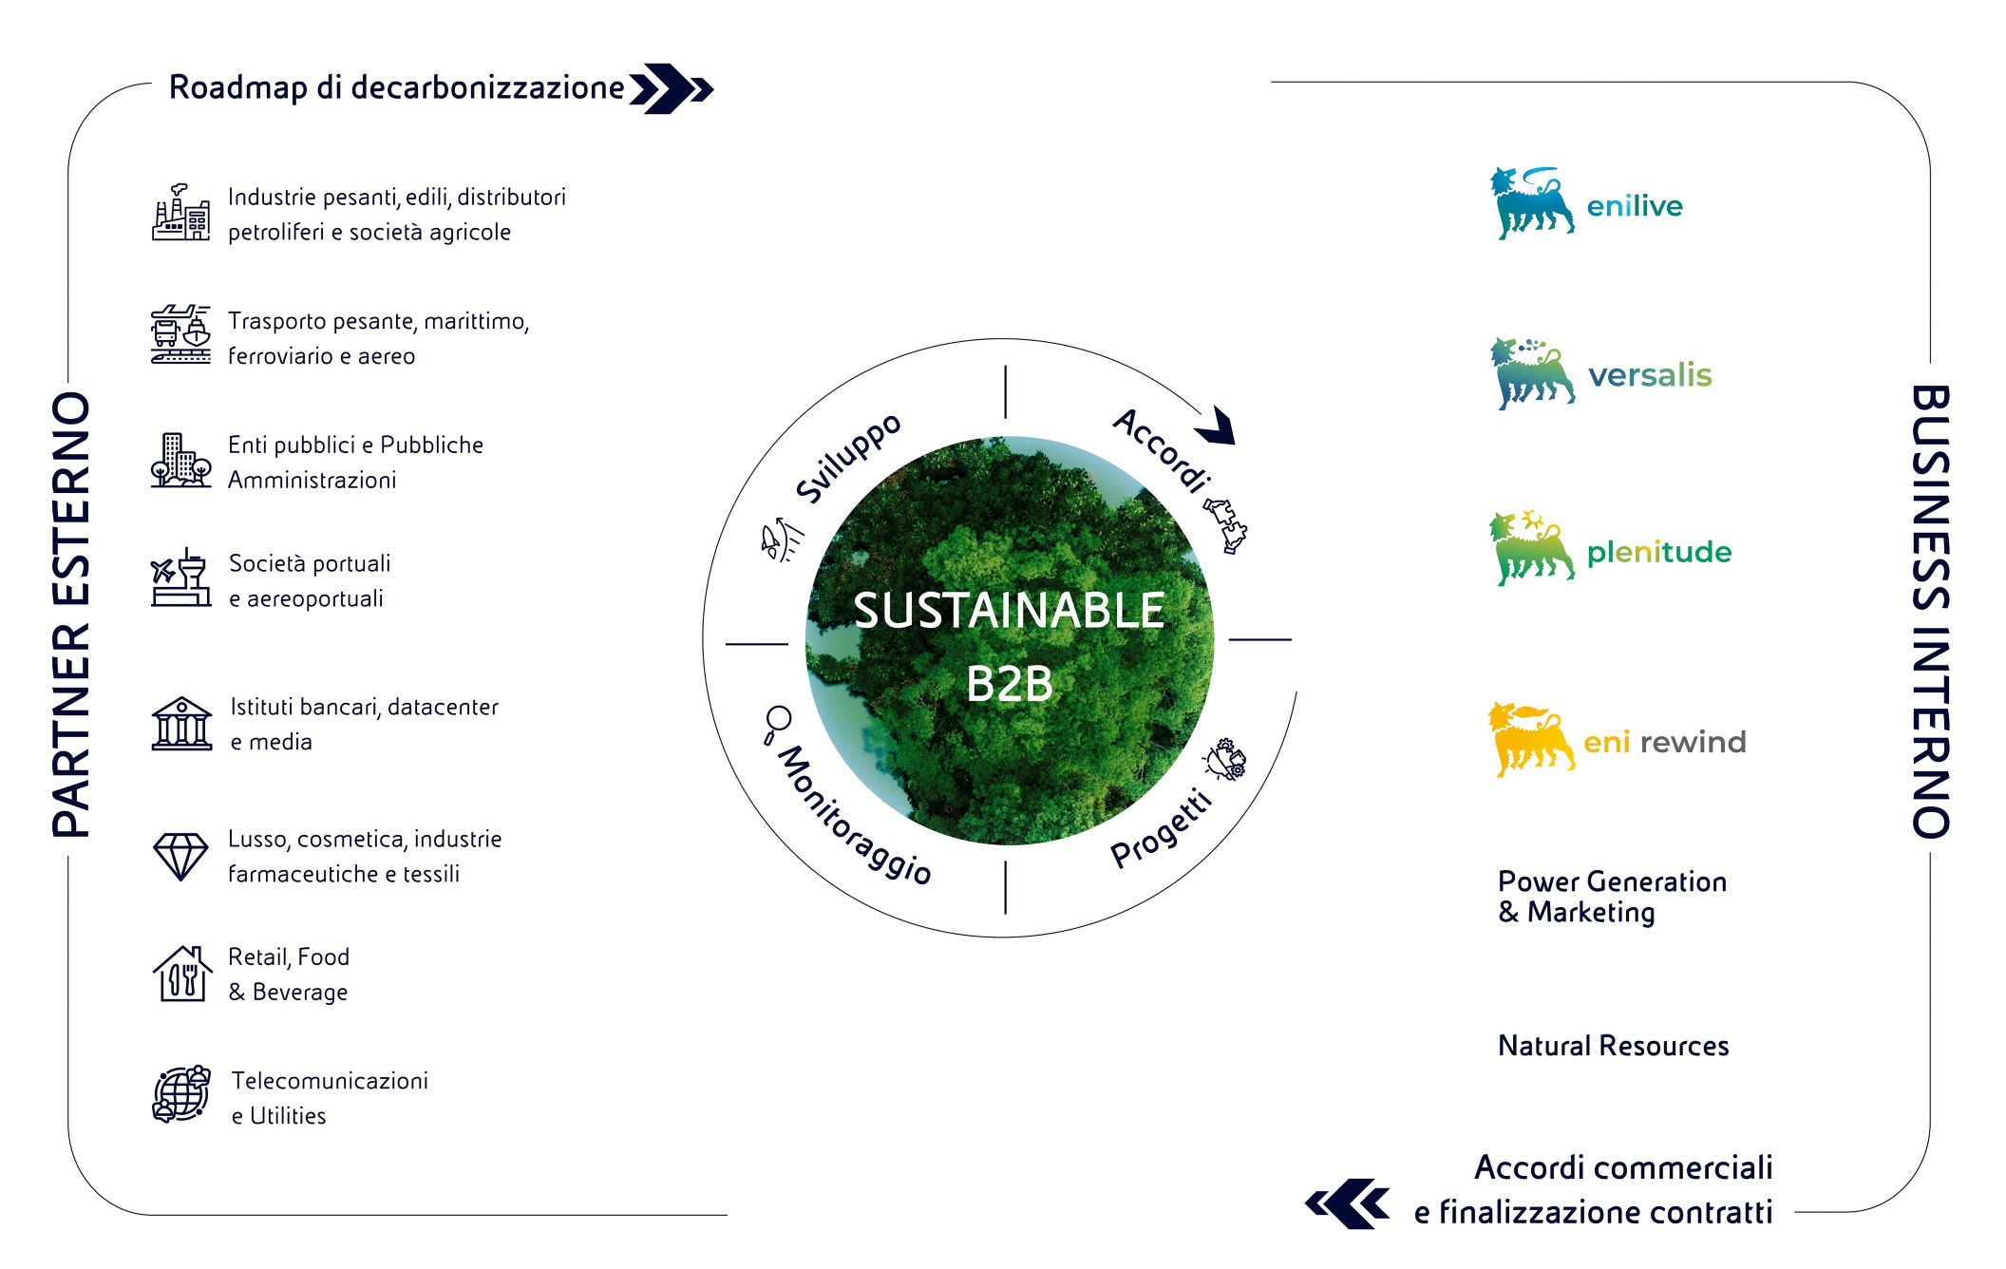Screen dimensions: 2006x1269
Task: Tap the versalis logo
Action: tap(1600, 373)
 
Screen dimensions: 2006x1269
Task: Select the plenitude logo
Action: tap(1610, 549)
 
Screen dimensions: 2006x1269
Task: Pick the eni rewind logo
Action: tap(1617, 740)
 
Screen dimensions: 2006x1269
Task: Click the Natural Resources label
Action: tap(1613, 1046)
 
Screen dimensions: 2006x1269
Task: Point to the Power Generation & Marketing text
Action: tap(1612, 897)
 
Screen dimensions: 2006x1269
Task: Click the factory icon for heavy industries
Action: tap(180, 213)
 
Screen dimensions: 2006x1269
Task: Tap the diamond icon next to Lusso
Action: tap(180, 857)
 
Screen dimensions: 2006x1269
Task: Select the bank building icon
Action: tap(181, 724)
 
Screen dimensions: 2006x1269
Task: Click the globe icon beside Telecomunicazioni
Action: tap(181, 1094)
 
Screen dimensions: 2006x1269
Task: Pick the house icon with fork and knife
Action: tap(181, 974)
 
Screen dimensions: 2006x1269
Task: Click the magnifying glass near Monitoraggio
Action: tap(776, 725)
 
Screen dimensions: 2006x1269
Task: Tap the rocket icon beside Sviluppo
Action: tap(780, 540)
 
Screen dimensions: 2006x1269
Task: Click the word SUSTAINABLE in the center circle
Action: tap(1009, 610)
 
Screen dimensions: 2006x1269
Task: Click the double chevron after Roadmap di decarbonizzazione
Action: tap(672, 89)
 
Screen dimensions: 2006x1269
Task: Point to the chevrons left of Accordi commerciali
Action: tap(1348, 1203)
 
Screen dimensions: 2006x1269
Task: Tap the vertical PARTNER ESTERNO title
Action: tap(71, 615)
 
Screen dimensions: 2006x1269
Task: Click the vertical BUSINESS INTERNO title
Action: tap(1930, 612)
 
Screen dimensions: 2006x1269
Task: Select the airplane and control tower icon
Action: tap(180, 577)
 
